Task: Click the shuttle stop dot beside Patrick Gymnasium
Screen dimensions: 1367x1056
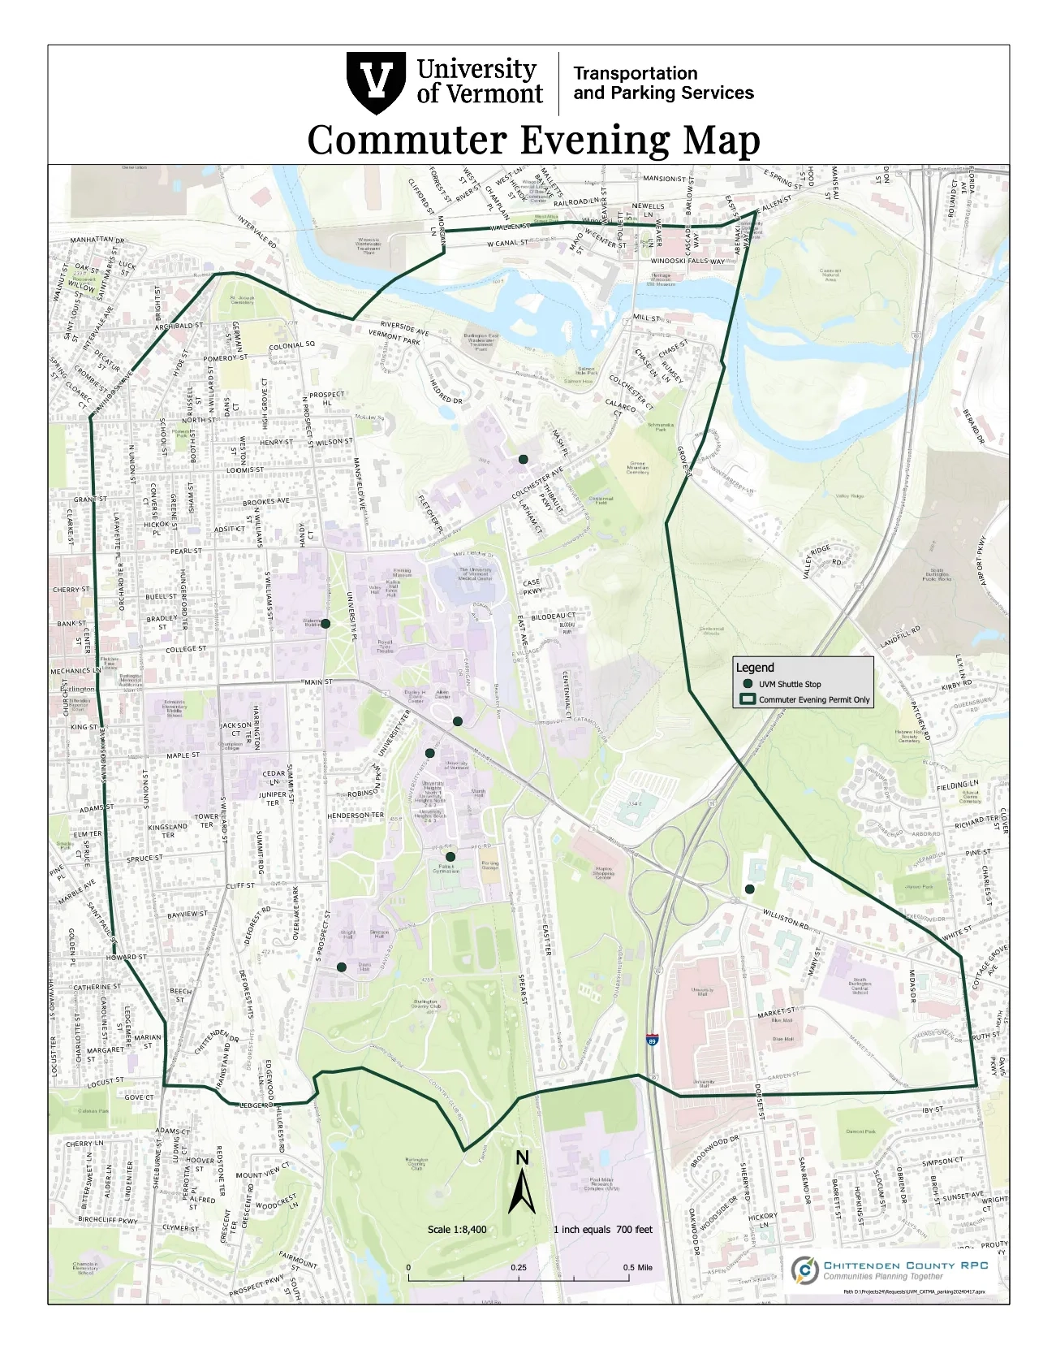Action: [x=450, y=856]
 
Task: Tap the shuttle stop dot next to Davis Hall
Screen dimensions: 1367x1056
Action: [x=342, y=967]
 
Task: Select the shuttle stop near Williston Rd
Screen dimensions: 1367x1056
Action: [x=750, y=889]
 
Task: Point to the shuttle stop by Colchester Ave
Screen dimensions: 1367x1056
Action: [x=524, y=459]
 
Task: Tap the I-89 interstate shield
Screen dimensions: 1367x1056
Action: [x=652, y=1040]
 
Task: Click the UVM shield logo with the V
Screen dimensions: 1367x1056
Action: [x=375, y=83]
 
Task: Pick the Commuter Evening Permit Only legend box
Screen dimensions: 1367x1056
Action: [x=748, y=699]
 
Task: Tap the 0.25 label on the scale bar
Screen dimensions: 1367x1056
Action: [x=518, y=1267]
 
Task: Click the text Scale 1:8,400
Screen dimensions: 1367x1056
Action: [x=457, y=1229]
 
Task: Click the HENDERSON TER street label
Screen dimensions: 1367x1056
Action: [x=356, y=815]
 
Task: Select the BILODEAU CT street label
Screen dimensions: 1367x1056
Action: [x=554, y=617]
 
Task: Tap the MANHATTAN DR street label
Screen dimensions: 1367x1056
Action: [x=97, y=240]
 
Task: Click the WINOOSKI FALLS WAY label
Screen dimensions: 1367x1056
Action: [x=688, y=262]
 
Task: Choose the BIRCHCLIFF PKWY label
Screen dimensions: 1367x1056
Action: [x=108, y=1220]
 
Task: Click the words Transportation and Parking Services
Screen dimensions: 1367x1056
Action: [x=663, y=83]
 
